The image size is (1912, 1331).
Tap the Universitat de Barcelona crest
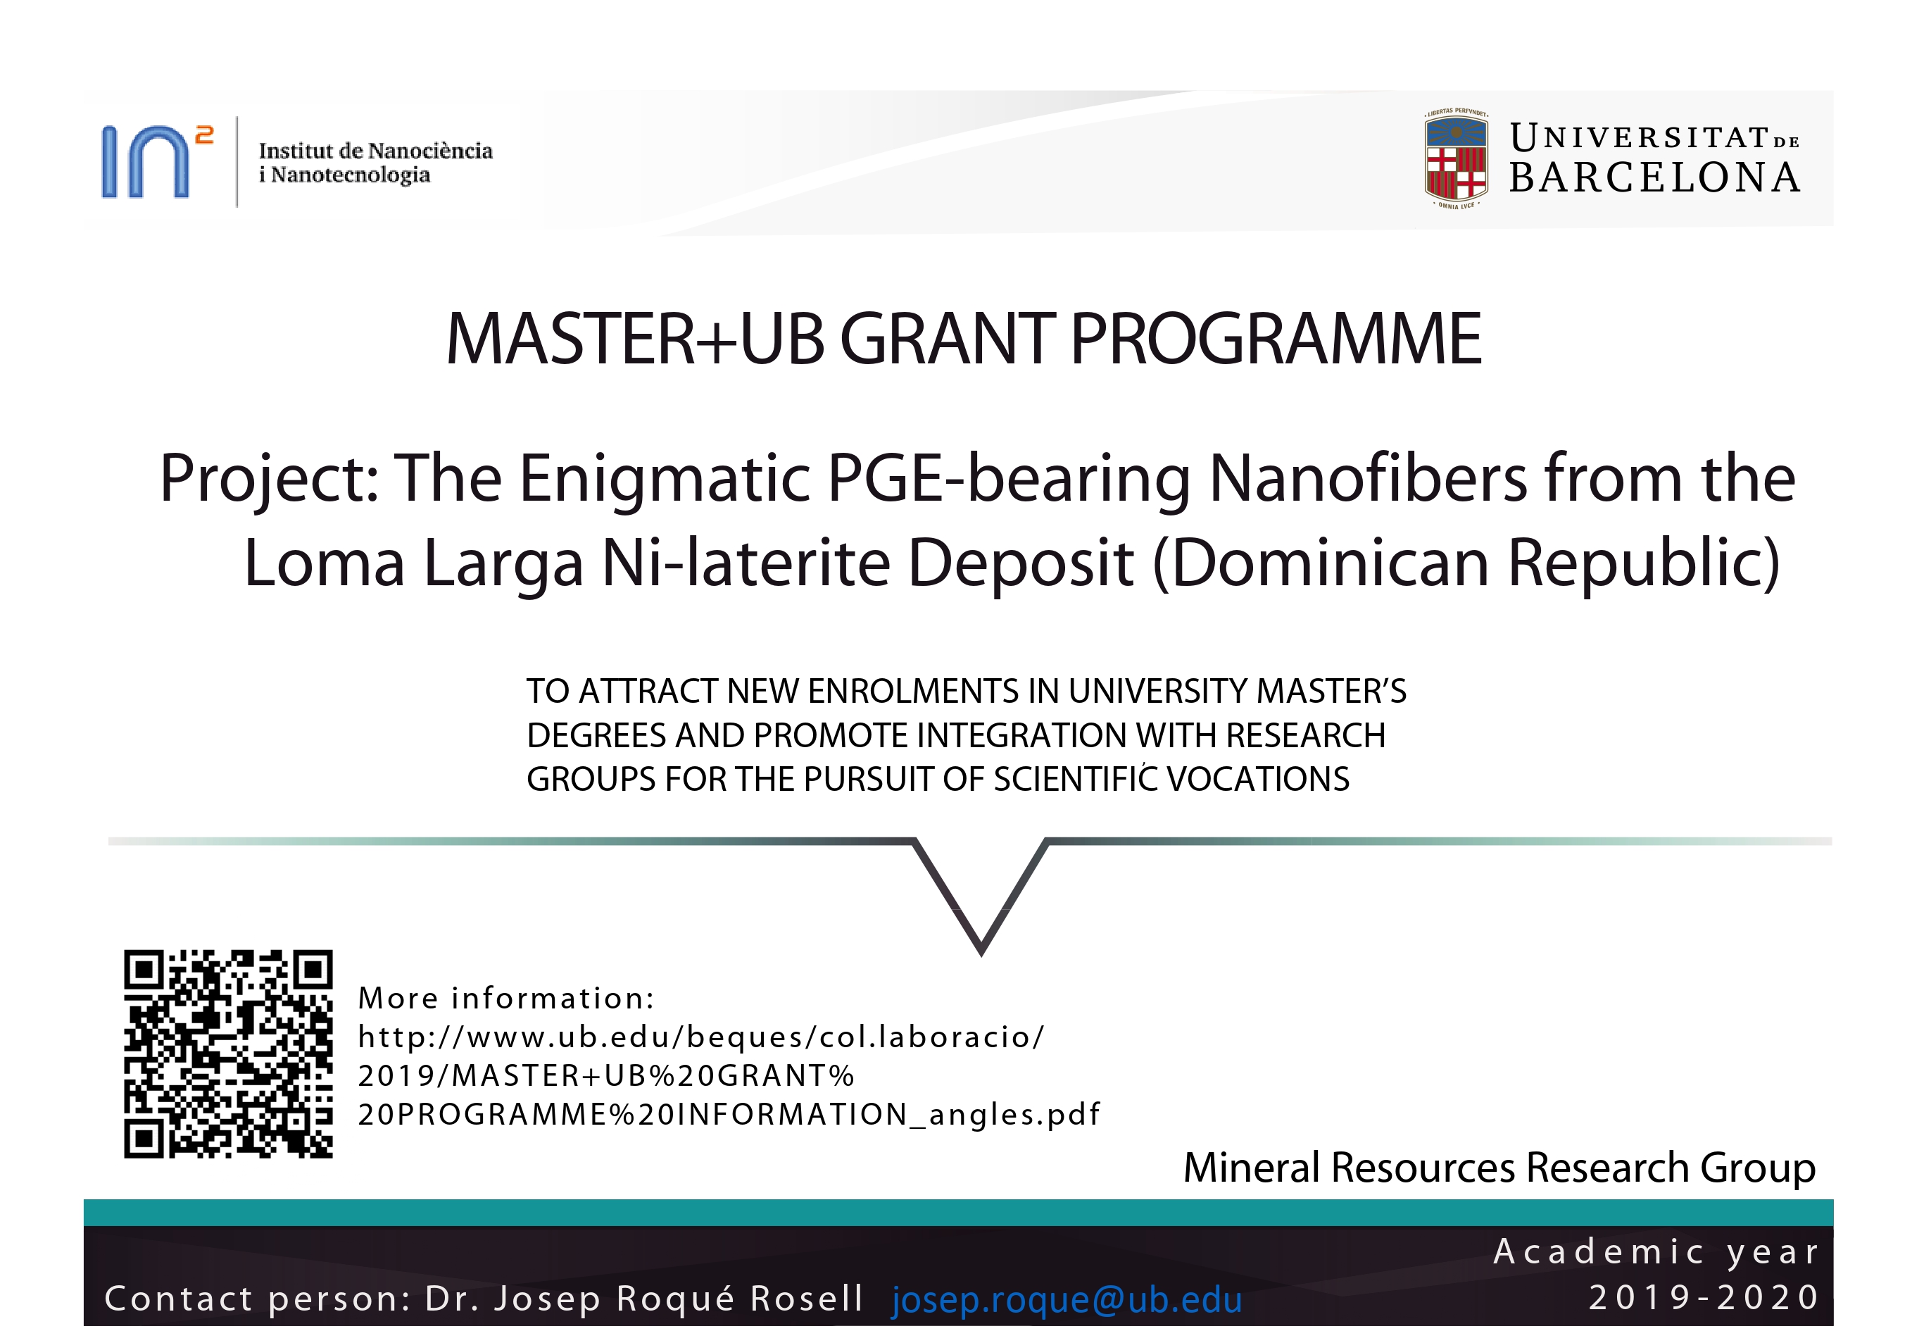1456,158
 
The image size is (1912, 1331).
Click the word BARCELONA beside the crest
1654,177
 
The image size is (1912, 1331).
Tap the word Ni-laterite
746,563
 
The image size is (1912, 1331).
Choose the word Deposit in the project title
1020,564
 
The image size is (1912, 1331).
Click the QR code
228,1054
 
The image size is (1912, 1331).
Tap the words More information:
506,998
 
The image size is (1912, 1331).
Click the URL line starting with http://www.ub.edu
700,1037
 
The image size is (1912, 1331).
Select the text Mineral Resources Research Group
1499,1168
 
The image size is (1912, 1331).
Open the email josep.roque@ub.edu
1067,1300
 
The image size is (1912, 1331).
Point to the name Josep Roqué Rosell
679,1299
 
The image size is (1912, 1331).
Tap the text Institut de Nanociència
376,151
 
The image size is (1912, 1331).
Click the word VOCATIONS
1258,780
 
